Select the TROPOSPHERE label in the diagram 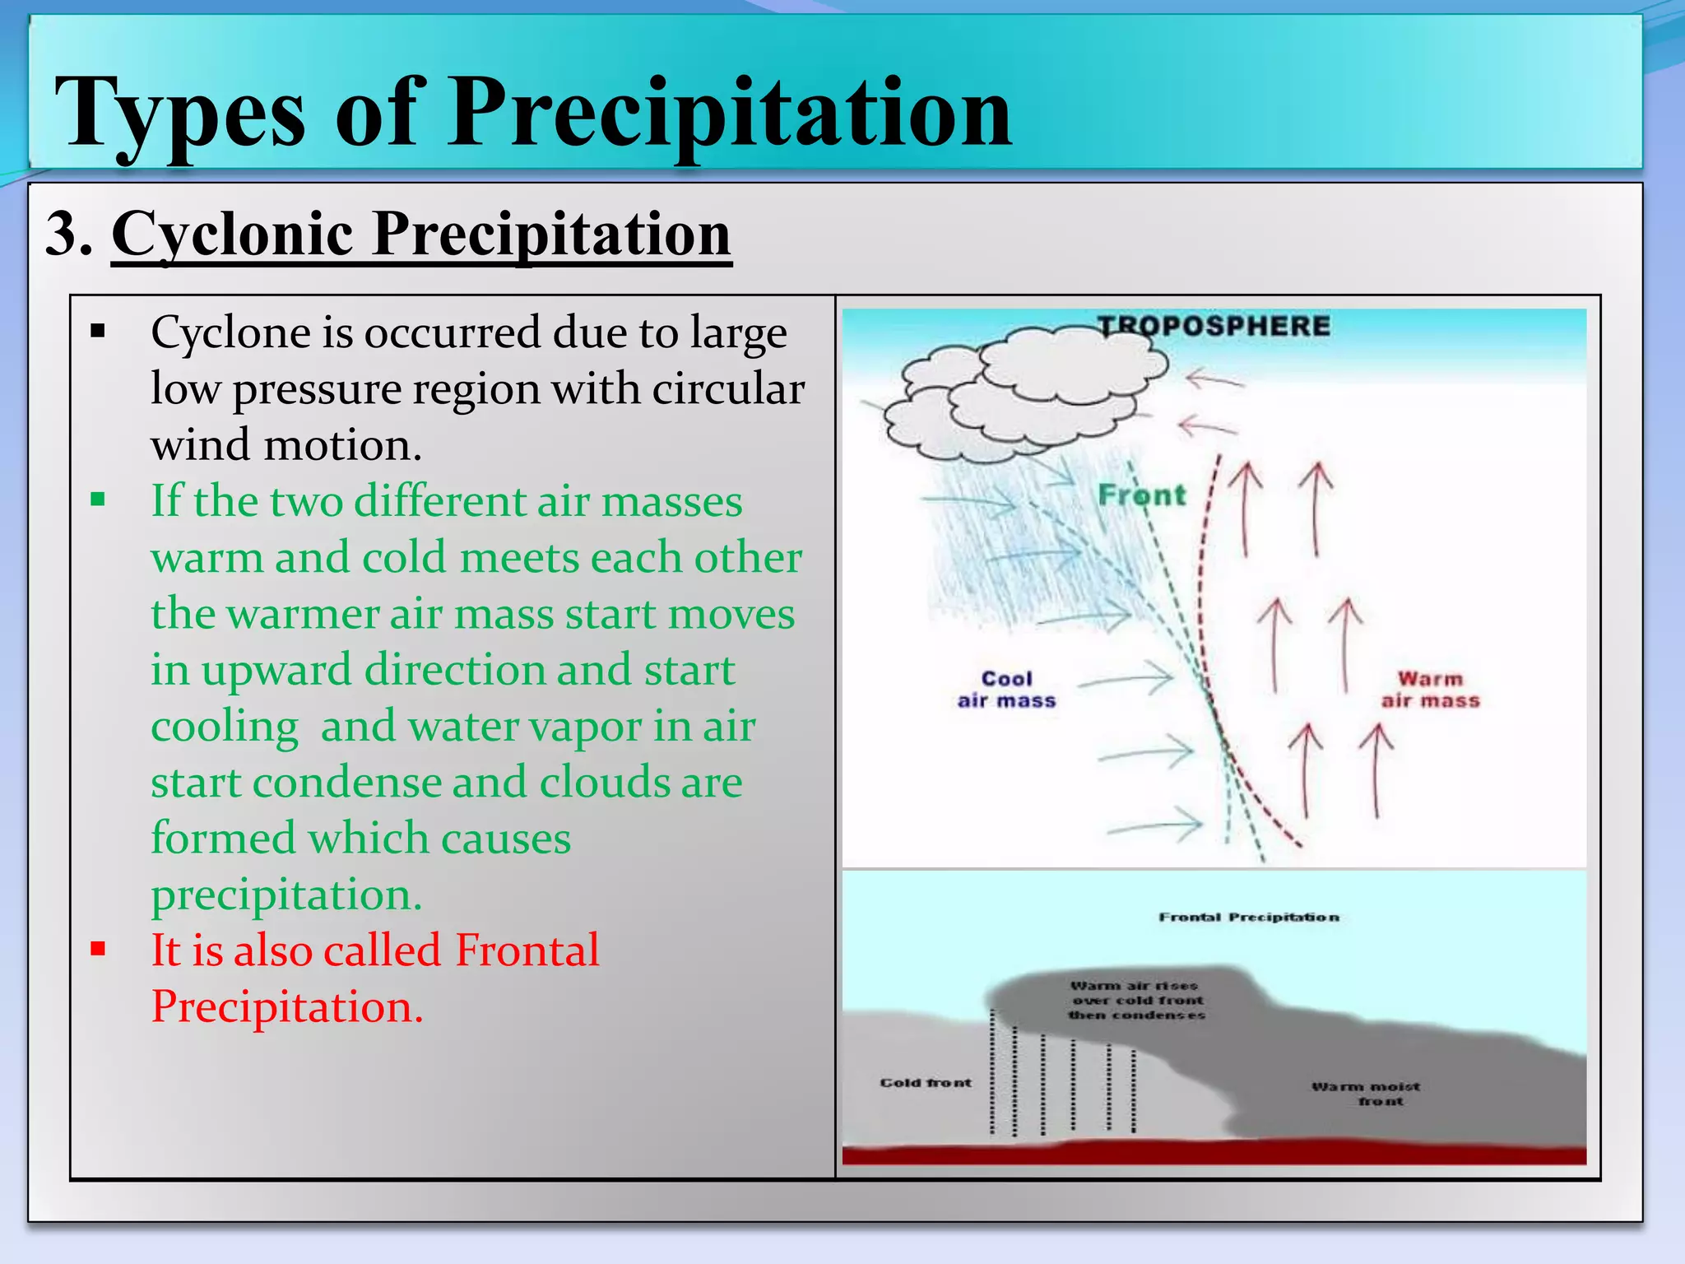[x=1214, y=326]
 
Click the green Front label [x=1142, y=495]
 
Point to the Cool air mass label [x=1006, y=690]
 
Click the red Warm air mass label [x=1430, y=690]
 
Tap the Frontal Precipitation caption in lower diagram [x=1249, y=917]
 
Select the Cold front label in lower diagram [x=926, y=1082]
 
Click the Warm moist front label [x=1366, y=1094]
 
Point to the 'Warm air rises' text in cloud [x=1134, y=985]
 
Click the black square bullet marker [x=99, y=332]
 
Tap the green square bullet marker [x=99, y=499]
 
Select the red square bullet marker [x=99, y=949]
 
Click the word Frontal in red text [x=527, y=950]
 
